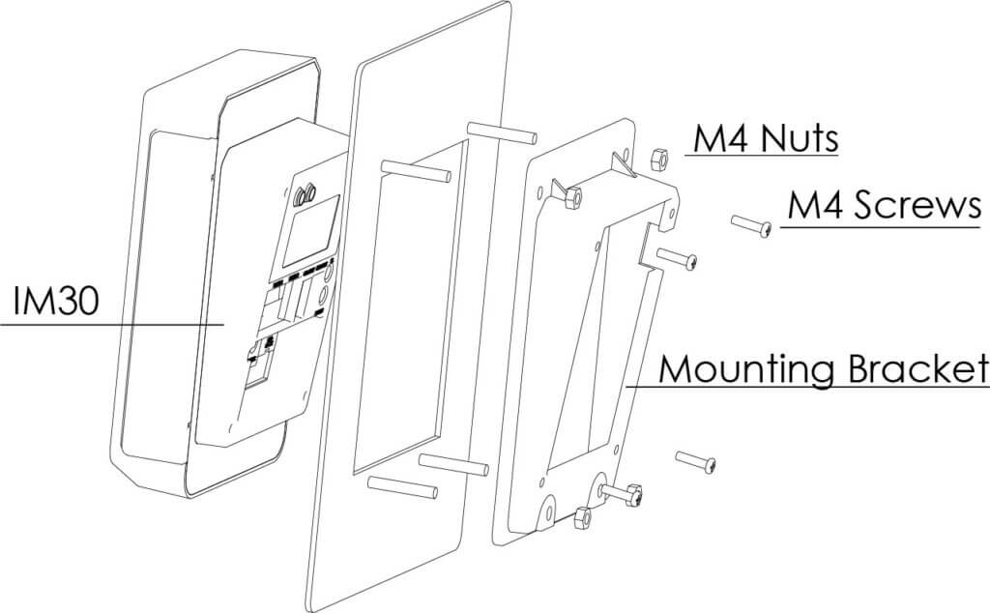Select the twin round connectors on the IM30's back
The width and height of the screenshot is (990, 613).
pos(306,193)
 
